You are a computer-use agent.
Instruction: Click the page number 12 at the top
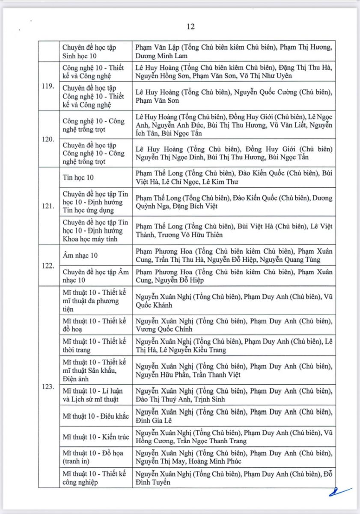coord(191,27)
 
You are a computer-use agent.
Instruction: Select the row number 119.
coord(48,86)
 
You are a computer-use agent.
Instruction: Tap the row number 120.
coord(48,139)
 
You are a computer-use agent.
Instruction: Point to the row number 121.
coord(48,206)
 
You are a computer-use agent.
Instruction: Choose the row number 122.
coord(48,266)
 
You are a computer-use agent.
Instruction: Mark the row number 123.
coord(48,387)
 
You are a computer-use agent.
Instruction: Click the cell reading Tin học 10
coord(78,177)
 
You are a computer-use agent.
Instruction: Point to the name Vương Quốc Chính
coord(164,329)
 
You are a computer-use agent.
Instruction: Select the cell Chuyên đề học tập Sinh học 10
coord(89,51)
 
